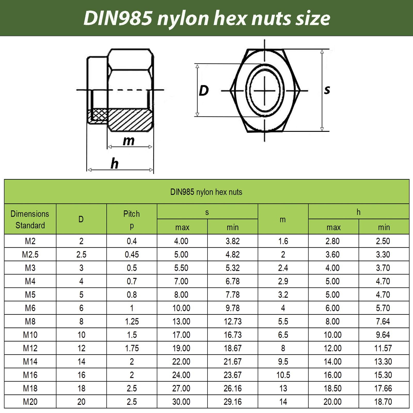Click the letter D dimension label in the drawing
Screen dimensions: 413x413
click(x=204, y=91)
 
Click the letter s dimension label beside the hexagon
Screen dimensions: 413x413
click(x=327, y=90)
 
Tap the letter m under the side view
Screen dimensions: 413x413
click(x=129, y=141)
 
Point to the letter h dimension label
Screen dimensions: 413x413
click(x=114, y=163)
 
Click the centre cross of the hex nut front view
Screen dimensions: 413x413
click(x=265, y=91)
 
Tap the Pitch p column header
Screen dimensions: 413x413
click(x=132, y=219)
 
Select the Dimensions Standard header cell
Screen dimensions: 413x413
click(x=30, y=219)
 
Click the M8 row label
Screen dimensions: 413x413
click(x=30, y=321)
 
